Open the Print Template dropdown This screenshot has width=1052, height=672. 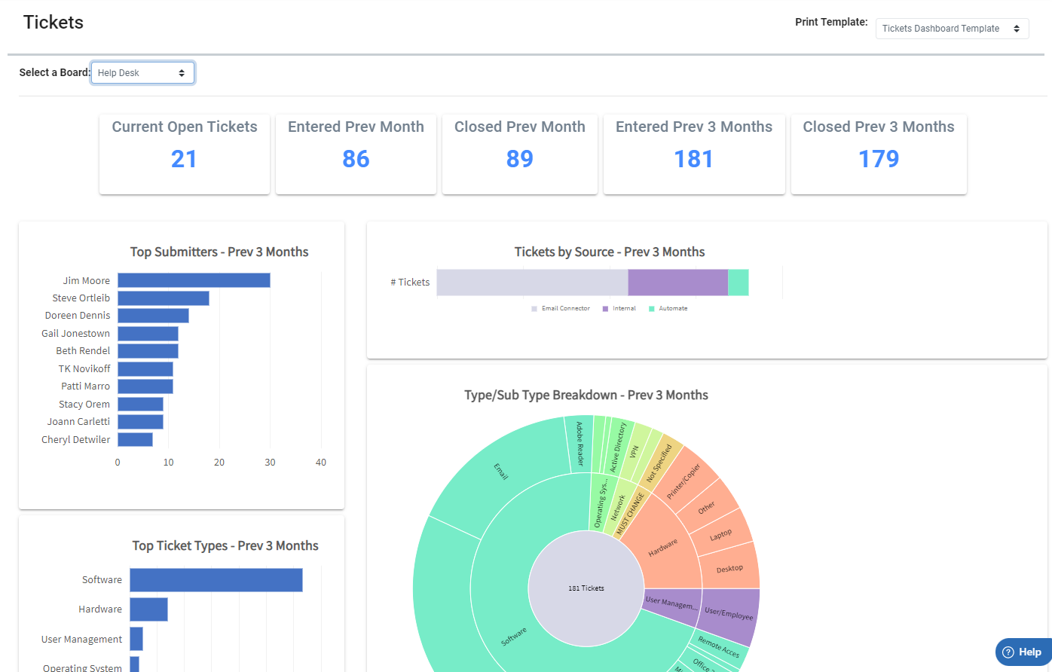click(951, 29)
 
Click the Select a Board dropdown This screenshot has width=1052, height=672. click(142, 73)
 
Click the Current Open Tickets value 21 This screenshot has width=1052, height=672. click(184, 159)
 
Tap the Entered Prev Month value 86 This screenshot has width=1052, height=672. click(356, 159)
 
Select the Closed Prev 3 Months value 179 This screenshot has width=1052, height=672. click(879, 159)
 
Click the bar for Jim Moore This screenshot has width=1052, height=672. click(194, 280)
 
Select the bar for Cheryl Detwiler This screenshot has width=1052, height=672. click(136, 439)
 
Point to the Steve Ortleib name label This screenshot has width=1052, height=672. click(81, 298)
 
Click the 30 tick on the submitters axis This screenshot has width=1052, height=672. click(270, 463)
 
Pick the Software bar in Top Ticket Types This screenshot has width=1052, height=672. click(216, 580)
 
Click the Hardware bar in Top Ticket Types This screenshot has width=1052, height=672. click(148, 609)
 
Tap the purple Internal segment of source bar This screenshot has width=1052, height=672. click(677, 283)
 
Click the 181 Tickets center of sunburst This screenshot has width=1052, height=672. click(586, 588)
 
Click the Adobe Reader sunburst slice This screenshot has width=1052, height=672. click(579, 444)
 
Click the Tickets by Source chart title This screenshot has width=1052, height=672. click(609, 252)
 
